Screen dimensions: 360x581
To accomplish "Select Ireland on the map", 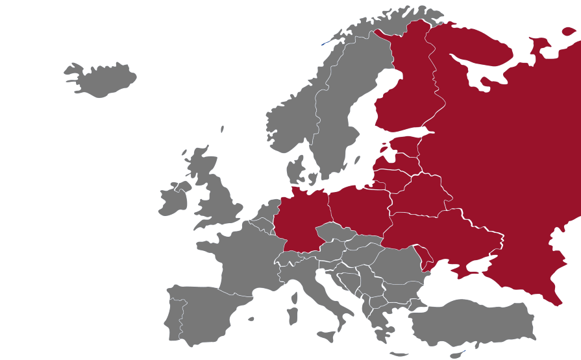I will [x=172, y=201].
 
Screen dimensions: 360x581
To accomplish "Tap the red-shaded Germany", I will [x=302, y=217].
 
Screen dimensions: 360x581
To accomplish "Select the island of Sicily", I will [x=327, y=337].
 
